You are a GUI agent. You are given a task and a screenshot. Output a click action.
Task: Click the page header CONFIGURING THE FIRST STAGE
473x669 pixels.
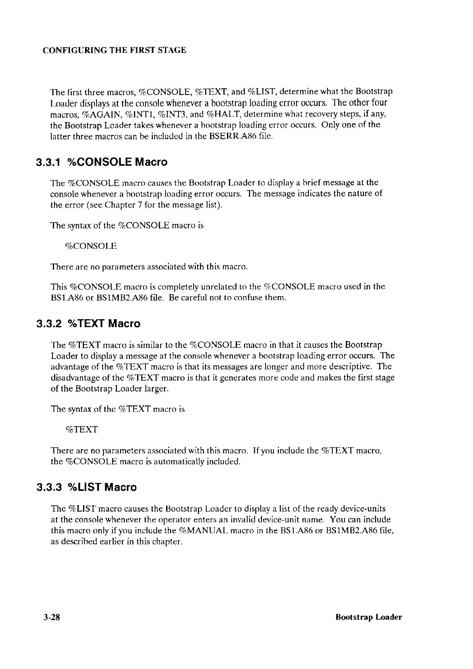tap(114, 50)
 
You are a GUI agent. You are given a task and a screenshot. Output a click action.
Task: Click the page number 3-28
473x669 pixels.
tap(52, 617)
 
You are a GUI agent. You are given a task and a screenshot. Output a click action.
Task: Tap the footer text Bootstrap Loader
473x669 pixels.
tap(368, 617)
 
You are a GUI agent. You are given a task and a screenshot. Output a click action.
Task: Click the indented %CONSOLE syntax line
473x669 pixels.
tap(91, 246)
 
